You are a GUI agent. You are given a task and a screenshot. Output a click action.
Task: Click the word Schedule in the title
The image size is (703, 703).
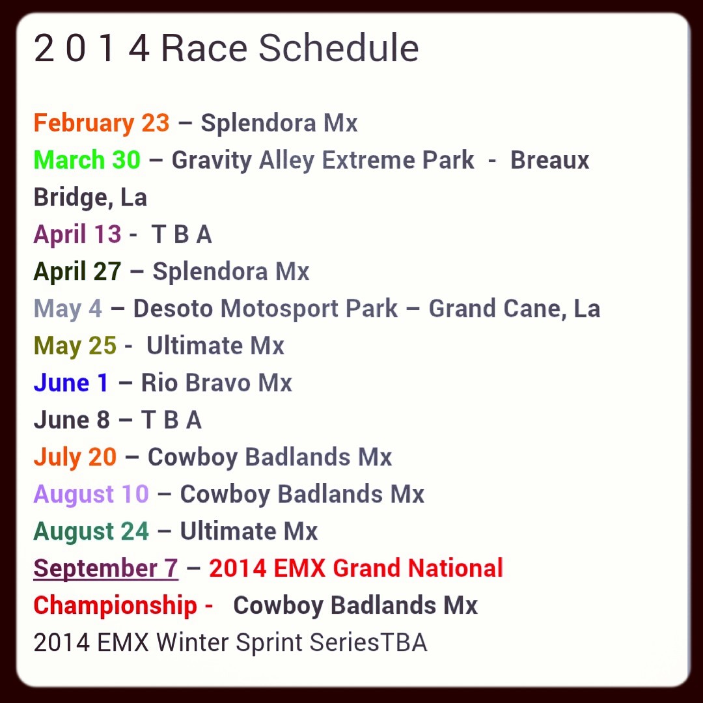[338, 48]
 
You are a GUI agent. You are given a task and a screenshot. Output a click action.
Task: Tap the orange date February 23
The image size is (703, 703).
[102, 123]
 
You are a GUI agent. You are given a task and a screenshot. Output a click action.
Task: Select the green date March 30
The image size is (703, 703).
[87, 159]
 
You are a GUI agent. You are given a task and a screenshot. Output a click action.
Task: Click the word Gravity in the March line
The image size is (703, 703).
[212, 161]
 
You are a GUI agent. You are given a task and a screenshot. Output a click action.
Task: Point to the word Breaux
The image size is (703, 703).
[549, 160]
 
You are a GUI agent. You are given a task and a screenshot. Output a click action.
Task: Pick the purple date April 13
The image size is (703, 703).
[77, 234]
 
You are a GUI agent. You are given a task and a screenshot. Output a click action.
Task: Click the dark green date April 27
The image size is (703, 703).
[77, 271]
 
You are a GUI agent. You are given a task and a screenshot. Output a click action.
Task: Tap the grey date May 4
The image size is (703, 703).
[68, 309]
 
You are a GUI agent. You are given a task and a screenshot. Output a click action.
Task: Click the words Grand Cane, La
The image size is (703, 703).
[514, 309]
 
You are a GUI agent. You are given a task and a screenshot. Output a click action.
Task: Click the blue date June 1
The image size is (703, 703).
[71, 383]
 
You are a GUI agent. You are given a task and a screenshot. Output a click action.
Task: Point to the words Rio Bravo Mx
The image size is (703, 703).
[217, 383]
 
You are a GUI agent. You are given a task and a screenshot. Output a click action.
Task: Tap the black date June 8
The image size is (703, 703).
[72, 420]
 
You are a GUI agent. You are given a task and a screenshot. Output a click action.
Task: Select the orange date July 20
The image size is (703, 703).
[75, 458]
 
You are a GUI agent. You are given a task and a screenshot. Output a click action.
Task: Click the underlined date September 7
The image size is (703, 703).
[106, 569]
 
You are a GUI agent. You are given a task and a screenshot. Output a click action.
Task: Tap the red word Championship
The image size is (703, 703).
[115, 606]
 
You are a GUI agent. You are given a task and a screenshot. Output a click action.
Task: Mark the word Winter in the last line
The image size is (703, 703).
[192, 642]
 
